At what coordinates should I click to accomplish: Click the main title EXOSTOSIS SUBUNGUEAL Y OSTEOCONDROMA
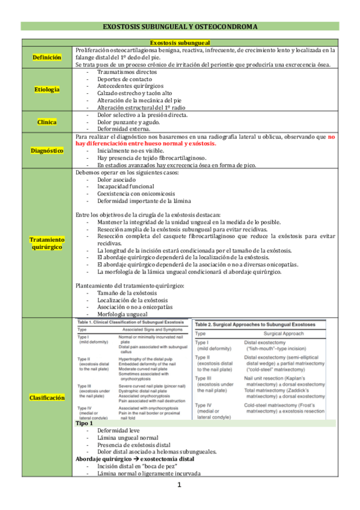[x=180, y=27]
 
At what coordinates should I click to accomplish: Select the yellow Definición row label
[x=47, y=57]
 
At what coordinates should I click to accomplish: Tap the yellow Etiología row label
[x=47, y=90]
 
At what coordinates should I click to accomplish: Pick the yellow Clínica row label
[x=47, y=122]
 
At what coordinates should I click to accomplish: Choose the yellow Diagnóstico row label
[x=47, y=150]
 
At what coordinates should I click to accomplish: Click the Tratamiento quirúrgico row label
[x=47, y=243]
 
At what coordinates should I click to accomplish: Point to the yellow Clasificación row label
[x=47, y=381]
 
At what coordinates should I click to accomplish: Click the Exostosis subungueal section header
[x=180, y=43]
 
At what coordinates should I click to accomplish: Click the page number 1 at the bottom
[x=180, y=485]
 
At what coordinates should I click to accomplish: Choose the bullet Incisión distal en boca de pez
[x=132, y=467]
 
